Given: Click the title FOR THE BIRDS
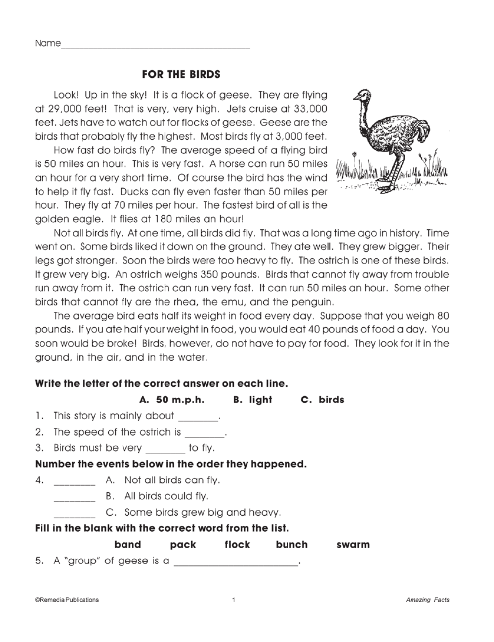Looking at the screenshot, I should click(181, 74).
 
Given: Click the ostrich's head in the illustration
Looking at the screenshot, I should click(362, 95).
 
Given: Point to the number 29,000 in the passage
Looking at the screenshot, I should click(66, 109).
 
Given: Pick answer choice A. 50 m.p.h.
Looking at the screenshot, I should click(172, 400).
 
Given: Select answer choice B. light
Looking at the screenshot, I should click(252, 400).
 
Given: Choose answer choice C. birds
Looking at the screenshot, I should click(323, 400).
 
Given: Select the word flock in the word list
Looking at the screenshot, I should click(237, 544).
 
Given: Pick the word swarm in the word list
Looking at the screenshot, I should click(353, 544).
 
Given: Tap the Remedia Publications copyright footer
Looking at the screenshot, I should click(67, 600).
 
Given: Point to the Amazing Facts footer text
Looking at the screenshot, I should click(427, 600).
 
